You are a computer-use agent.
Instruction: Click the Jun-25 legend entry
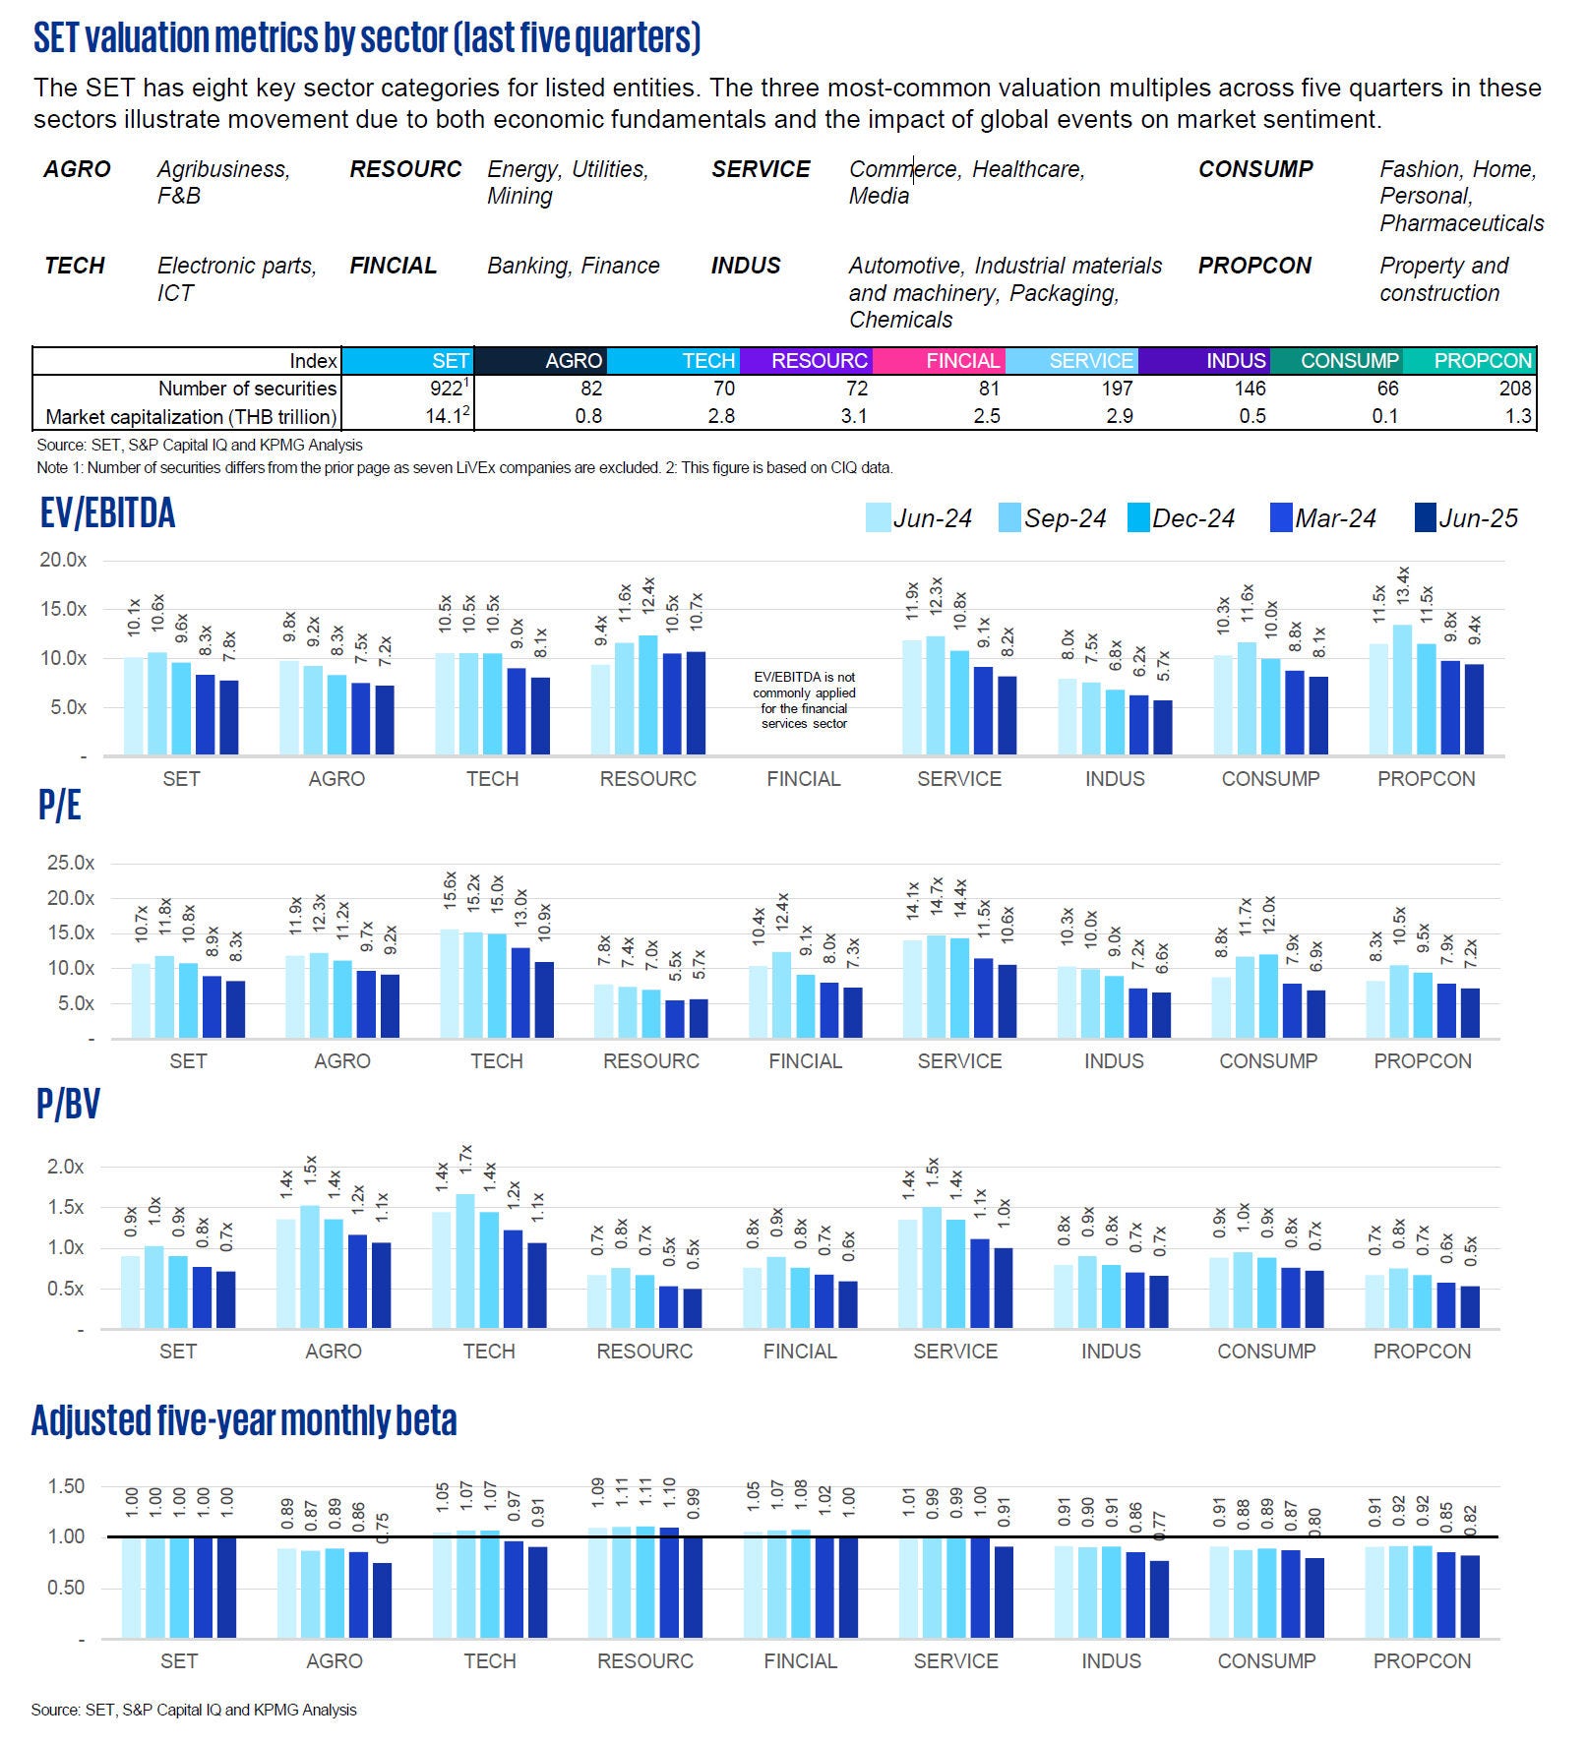[x=1465, y=518]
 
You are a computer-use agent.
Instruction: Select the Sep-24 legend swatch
[x=1009, y=518]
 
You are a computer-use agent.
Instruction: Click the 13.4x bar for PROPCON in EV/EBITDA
[x=1402, y=690]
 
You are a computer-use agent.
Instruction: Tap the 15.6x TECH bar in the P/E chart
[x=450, y=984]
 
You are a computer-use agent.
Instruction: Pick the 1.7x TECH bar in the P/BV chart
[x=465, y=1261]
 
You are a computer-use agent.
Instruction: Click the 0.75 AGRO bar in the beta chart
[x=382, y=1600]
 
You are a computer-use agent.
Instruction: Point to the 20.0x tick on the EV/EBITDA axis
[x=63, y=560]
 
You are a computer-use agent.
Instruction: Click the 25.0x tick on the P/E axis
[x=70, y=863]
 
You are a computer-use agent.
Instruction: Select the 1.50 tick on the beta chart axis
[x=67, y=1486]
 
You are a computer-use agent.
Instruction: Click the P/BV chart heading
[x=68, y=1104]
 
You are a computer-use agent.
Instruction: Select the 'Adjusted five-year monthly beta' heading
[x=244, y=1420]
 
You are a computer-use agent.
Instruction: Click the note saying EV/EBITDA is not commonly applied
[x=804, y=700]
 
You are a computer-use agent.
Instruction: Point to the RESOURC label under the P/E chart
[x=650, y=1061]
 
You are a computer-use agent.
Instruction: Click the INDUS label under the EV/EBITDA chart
[x=1115, y=779]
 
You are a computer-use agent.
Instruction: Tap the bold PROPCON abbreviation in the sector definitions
[x=1254, y=266]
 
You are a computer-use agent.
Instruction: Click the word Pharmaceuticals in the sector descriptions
[x=1461, y=223]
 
